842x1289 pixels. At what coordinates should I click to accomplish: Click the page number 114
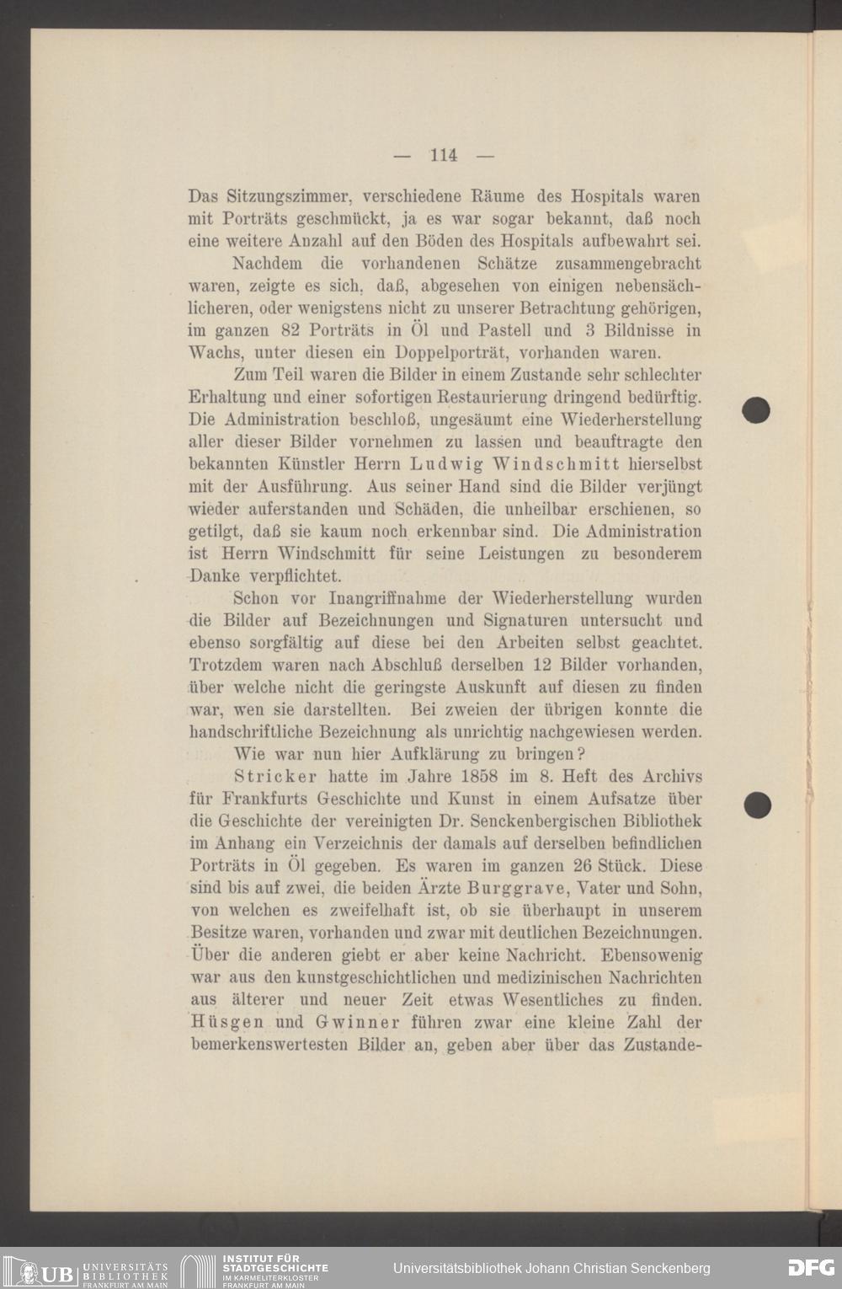tap(443, 155)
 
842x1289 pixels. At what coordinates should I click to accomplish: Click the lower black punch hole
tap(758, 805)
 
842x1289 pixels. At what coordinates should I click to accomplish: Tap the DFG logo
tap(810, 1268)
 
